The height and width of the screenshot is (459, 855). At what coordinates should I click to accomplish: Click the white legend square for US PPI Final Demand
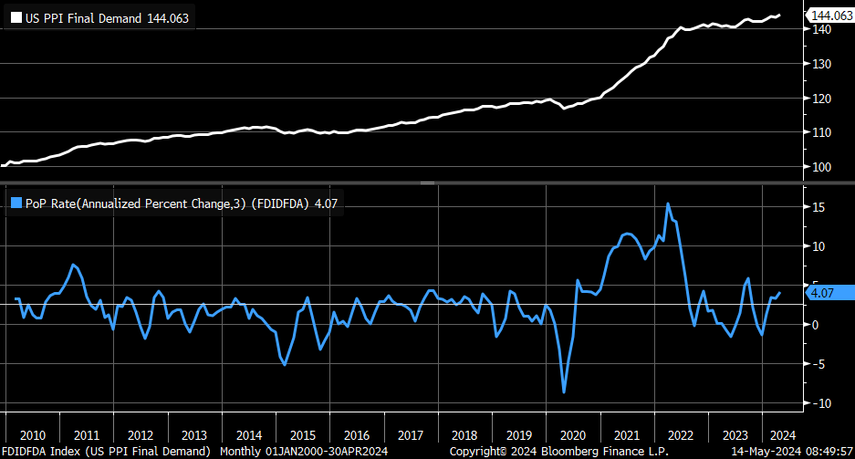pyautogui.click(x=16, y=17)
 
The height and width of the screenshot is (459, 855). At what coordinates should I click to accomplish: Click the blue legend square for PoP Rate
pyautogui.click(x=16, y=203)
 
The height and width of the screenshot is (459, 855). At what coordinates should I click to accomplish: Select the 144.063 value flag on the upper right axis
pyautogui.click(x=830, y=16)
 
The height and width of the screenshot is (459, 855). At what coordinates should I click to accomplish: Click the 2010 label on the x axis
pyautogui.click(x=32, y=435)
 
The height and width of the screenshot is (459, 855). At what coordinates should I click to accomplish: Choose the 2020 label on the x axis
pyautogui.click(x=573, y=435)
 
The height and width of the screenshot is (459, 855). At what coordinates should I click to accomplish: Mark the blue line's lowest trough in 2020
pyautogui.click(x=564, y=392)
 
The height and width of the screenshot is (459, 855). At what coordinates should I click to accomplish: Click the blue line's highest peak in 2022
pyautogui.click(x=668, y=203)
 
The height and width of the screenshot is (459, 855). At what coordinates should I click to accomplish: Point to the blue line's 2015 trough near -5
pyautogui.click(x=285, y=365)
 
